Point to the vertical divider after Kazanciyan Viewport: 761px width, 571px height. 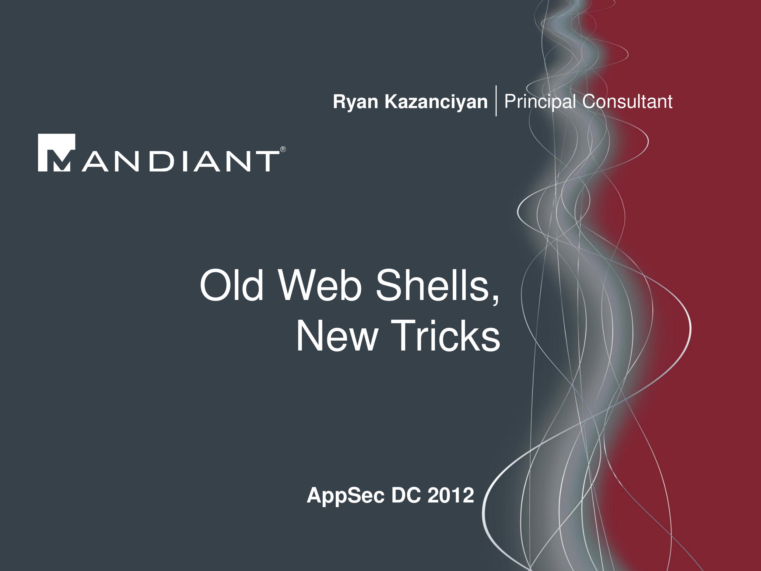tap(496, 101)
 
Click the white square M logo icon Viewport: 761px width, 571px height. tap(56, 153)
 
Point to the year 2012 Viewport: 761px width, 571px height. tap(451, 495)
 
